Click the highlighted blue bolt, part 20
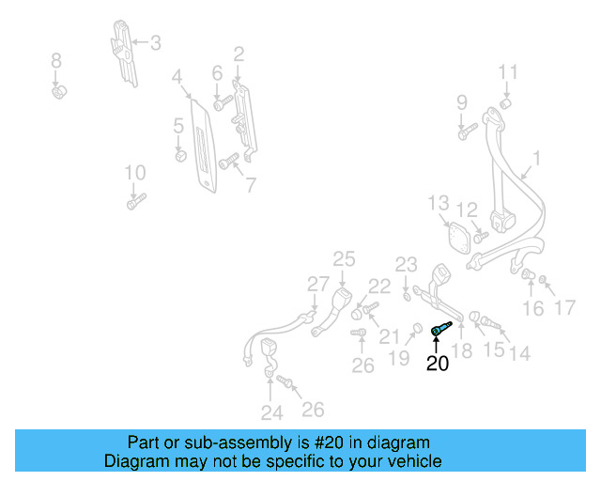(x=441, y=329)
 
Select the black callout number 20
(x=438, y=364)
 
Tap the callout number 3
(x=155, y=43)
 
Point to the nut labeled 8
(x=59, y=92)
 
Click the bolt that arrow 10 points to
(x=137, y=201)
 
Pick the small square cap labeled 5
(x=180, y=156)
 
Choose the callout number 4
(x=177, y=77)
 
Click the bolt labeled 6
(x=223, y=103)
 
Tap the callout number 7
(x=251, y=186)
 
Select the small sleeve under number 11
(x=506, y=103)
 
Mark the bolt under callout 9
(x=468, y=132)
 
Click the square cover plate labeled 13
(x=459, y=238)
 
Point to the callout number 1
(x=537, y=158)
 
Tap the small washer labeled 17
(x=543, y=280)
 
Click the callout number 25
(x=344, y=259)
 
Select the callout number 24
(x=272, y=413)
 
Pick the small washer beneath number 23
(x=407, y=297)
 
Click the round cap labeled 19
(x=417, y=328)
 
